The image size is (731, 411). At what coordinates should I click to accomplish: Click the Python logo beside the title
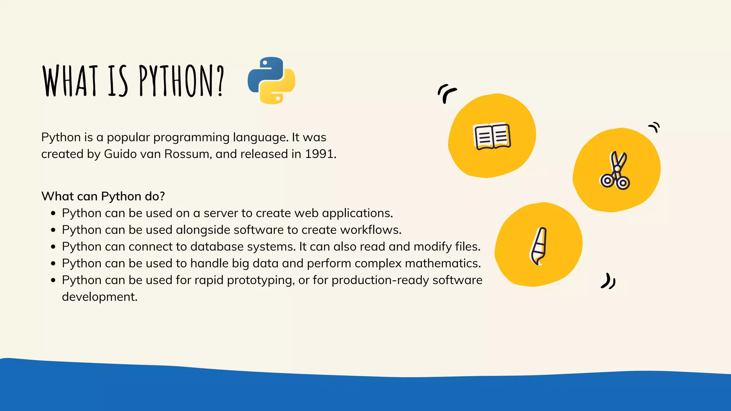click(x=271, y=80)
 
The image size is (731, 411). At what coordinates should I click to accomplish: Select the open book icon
click(x=492, y=137)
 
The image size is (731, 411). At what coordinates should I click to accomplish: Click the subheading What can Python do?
click(x=103, y=196)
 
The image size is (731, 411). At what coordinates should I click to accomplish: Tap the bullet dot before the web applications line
click(x=53, y=214)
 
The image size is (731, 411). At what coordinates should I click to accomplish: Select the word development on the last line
click(x=99, y=297)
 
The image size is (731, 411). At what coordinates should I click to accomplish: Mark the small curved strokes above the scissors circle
click(x=654, y=127)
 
